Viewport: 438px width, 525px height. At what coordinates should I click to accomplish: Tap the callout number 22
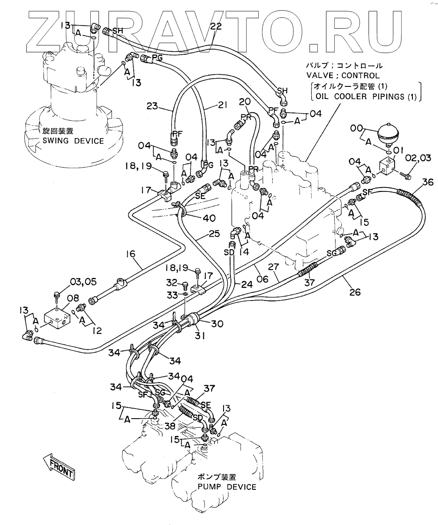click(x=215, y=26)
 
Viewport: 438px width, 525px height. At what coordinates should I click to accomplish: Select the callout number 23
click(x=153, y=106)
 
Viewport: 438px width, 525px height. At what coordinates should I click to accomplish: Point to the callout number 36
click(x=428, y=182)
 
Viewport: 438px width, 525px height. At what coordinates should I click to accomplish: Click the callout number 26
click(x=355, y=292)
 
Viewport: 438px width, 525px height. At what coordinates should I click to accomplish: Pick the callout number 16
click(x=131, y=254)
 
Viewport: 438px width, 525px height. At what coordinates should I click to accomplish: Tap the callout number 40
click(x=209, y=218)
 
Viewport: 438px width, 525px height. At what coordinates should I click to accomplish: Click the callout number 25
click(x=214, y=234)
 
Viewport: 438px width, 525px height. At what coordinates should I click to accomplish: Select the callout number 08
click(x=73, y=298)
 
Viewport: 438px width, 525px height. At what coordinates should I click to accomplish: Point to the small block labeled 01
click(x=386, y=165)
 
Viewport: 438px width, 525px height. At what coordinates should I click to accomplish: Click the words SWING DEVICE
click(x=73, y=141)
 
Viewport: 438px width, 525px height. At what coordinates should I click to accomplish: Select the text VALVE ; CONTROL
click(x=343, y=76)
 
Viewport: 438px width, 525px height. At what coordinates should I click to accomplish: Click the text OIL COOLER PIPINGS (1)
click(x=366, y=96)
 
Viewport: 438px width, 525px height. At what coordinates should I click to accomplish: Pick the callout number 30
click(x=217, y=324)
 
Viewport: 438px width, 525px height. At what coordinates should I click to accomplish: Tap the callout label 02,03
click(x=418, y=158)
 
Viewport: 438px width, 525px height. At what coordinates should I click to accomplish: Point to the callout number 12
click(x=97, y=330)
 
